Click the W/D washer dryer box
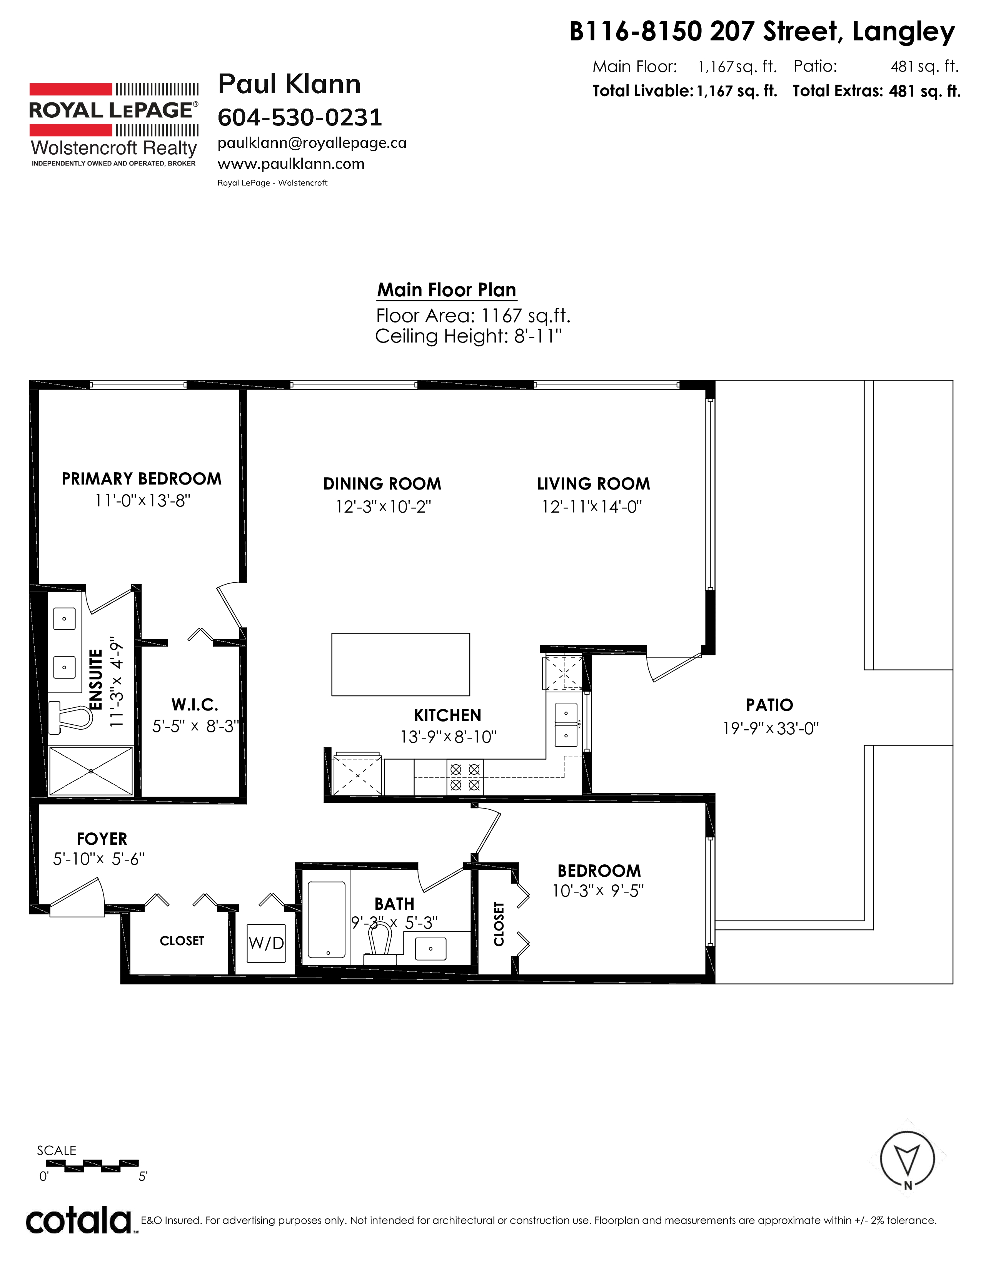pos(266,943)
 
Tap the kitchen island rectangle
pos(400,664)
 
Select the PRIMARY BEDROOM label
pos(142,479)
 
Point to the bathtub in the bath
pos(327,919)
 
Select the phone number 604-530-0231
pos(300,117)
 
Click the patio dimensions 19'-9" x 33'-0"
pos(771,728)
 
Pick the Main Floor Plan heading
pos(446,289)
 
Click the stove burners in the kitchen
pos(465,777)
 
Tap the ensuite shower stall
pos(91,771)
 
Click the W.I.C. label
pos(195,705)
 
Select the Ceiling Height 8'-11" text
pos(469,336)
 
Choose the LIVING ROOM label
pos(593,484)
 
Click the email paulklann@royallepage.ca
pos(312,144)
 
